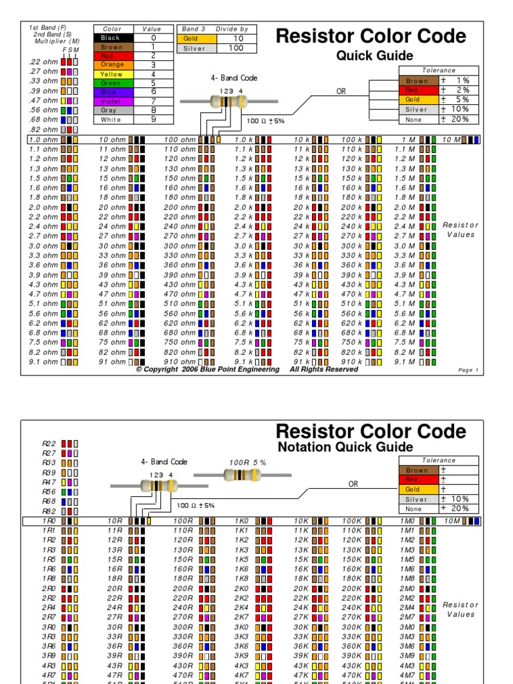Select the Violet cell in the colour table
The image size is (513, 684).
point(112,102)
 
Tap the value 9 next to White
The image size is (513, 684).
point(153,120)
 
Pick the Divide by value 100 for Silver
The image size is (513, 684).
point(237,49)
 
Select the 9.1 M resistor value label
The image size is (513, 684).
point(406,361)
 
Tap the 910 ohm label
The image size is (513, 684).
point(180,361)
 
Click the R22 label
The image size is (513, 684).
point(49,443)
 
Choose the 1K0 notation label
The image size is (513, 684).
point(242,520)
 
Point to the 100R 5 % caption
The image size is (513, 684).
point(248,462)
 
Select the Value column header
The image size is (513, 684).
point(153,29)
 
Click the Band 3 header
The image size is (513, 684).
point(194,29)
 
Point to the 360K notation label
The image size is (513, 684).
point(353,646)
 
